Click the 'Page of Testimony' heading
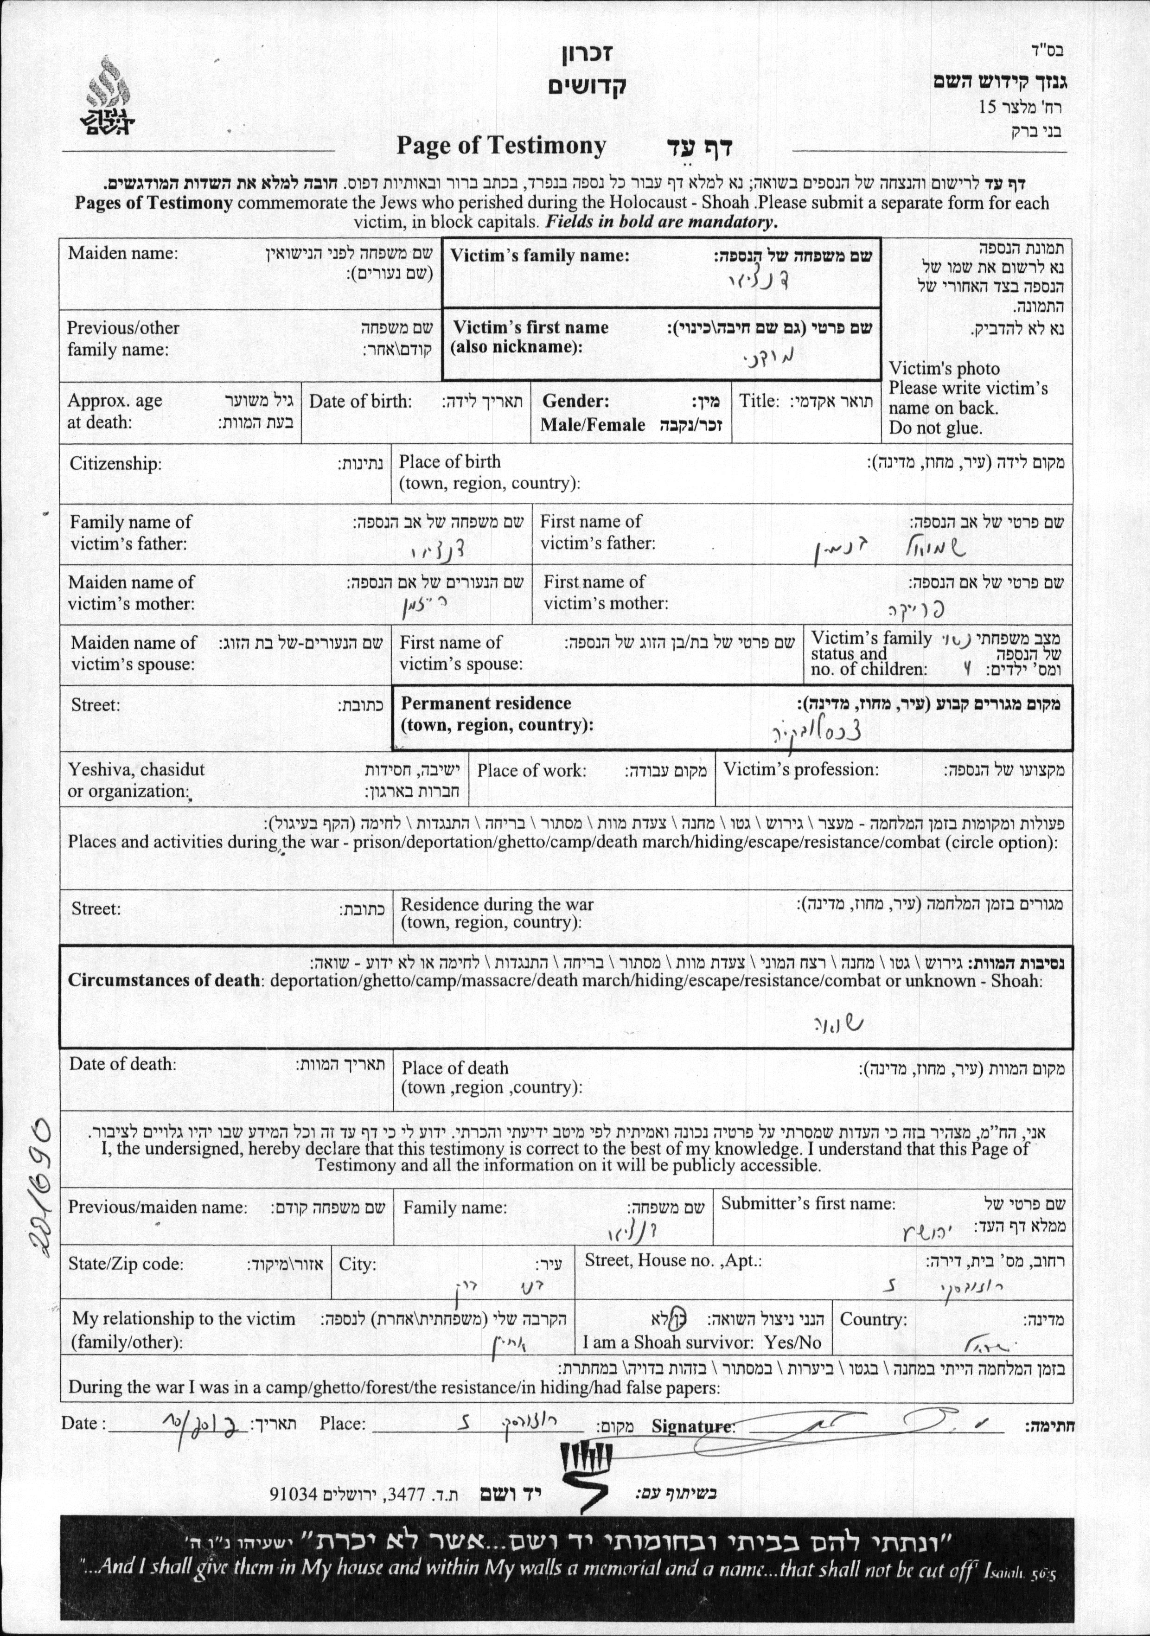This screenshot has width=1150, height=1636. point(501,145)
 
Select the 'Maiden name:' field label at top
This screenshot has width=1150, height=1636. point(122,253)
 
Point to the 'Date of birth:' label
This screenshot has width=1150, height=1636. point(360,401)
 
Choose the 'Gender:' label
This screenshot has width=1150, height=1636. point(576,401)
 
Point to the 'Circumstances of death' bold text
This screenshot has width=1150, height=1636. point(163,980)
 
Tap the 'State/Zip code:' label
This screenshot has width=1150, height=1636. point(125,1264)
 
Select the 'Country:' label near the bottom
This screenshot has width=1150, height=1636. point(874,1319)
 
